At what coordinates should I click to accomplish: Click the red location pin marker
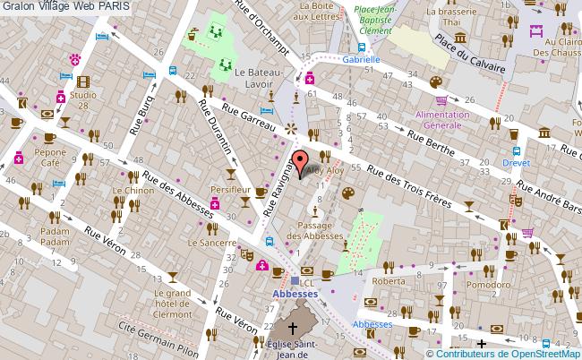(300, 166)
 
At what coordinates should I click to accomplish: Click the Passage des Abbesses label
(321, 230)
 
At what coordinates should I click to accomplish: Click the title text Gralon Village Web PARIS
(64, 6)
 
